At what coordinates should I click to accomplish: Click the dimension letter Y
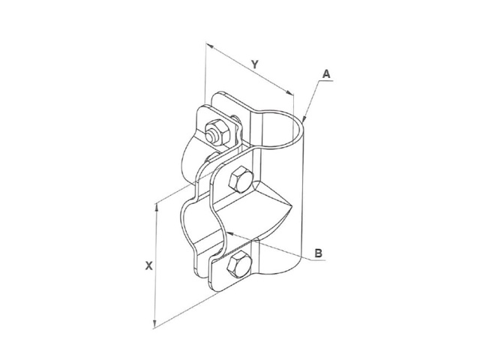pyautogui.click(x=255, y=64)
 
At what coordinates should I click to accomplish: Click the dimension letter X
pyautogui.click(x=148, y=265)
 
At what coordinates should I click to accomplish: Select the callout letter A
pyautogui.click(x=327, y=74)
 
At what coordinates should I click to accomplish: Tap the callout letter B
pyautogui.click(x=319, y=253)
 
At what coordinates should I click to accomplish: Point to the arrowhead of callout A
pyautogui.click(x=304, y=118)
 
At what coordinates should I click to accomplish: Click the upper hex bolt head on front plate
pyautogui.click(x=241, y=179)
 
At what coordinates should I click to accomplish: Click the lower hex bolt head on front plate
pyautogui.click(x=239, y=264)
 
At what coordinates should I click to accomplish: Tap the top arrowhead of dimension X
pyautogui.click(x=157, y=207)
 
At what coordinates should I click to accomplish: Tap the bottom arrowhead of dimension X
pyautogui.click(x=155, y=324)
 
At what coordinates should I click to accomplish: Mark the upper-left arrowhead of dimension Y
pyautogui.click(x=210, y=46)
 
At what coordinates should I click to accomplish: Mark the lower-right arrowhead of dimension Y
pyautogui.click(x=289, y=92)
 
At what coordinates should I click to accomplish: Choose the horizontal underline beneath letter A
pyautogui.click(x=325, y=81)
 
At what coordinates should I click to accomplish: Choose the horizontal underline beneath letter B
pyautogui.click(x=318, y=260)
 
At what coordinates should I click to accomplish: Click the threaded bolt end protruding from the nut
pyautogui.click(x=211, y=136)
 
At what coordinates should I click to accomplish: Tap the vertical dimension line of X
pyautogui.click(x=156, y=265)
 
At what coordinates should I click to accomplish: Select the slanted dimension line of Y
pyautogui.click(x=249, y=69)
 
